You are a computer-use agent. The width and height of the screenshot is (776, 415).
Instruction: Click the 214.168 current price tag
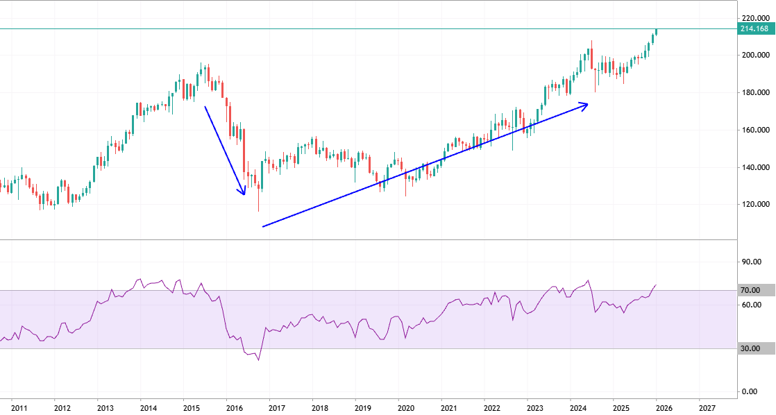pos(754,28)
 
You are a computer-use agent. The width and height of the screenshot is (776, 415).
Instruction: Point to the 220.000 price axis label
pos(754,18)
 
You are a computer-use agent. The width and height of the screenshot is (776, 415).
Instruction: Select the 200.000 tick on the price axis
pos(754,56)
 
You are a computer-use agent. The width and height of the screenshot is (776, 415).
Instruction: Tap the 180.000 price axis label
pos(754,93)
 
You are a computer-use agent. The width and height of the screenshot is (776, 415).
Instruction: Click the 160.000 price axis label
pos(754,130)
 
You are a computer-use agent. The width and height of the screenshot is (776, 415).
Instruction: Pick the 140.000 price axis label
pos(754,168)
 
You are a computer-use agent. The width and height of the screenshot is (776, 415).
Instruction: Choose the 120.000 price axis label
pos(754,205)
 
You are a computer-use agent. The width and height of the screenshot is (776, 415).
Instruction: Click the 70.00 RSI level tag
pos(750,290)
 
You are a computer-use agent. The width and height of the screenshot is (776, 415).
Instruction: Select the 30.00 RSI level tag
pos(750,349)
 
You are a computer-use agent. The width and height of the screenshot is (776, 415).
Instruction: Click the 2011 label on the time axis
pos(19,409)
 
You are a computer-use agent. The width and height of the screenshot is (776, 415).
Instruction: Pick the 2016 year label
pos(234,409)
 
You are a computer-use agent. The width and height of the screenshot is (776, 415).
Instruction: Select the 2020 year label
pos(405,409)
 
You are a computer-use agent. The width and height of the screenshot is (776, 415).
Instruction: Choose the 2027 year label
pos(707,409)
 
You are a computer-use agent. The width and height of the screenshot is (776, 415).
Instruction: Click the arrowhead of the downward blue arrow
pos(243,192)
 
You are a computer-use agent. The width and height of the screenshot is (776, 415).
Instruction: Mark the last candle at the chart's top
pos(656,31)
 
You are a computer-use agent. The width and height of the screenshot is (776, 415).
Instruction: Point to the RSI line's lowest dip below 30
pos(258,360)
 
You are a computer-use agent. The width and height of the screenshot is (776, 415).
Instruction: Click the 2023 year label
pos(535,409)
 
